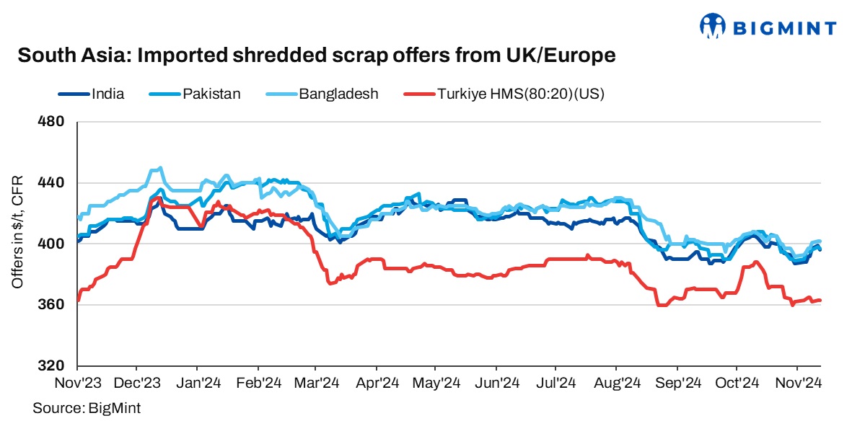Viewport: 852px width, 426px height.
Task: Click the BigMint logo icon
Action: coord(711,27)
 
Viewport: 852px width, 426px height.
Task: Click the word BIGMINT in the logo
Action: coord(785,28)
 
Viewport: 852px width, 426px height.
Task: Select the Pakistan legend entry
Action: coord(211,94)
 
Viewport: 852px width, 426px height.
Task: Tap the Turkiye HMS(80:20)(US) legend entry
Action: coord(520,94)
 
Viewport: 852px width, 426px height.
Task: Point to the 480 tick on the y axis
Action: coord(51,123)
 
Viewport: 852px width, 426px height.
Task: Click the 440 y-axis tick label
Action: coord(51,183)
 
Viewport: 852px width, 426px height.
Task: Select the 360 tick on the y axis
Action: coord(51,305)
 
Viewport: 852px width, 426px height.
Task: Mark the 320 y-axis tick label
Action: coord(51,365)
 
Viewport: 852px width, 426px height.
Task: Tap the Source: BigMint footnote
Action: coord(86,408)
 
